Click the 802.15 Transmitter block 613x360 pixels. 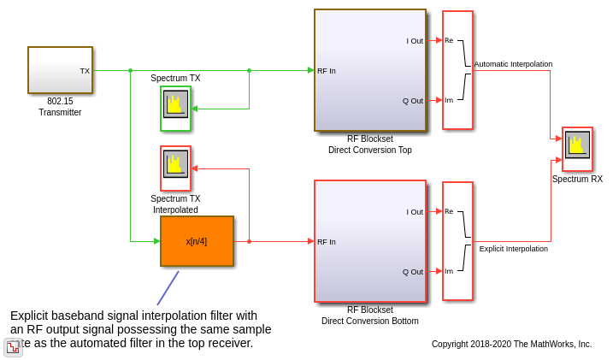click(60, 70)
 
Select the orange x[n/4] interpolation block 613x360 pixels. click(197, 241)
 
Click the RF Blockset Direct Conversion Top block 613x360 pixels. click(369, 70)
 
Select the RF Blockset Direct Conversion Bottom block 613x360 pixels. click(369, 241)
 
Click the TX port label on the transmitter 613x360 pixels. click(85, 71)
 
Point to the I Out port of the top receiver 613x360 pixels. click(415, 41)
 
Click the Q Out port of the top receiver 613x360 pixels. click(413, 101)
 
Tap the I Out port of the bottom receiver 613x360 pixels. click(415, 212)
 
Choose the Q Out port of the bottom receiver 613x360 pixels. click(413, 272)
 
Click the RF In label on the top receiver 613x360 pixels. click(327, 71)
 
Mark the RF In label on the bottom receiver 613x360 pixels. click(327, 242)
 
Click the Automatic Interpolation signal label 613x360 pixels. click(513, 64)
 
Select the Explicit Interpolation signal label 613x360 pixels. click(513, 249)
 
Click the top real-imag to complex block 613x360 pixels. click(457, 70)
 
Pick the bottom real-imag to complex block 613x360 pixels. click(457, 241)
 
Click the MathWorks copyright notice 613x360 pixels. click(511, 344)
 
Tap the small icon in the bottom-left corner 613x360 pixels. click(13, 347)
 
